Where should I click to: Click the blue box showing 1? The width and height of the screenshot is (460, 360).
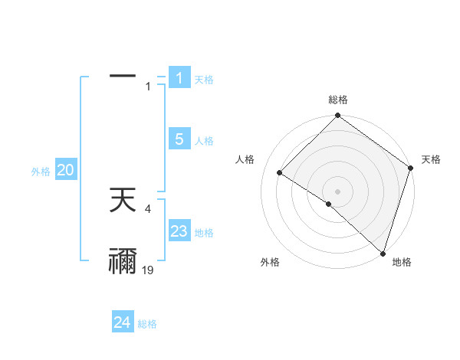pos(179,78)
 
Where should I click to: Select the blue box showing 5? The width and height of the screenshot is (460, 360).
pos(179,139)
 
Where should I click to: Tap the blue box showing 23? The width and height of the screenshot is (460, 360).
pos(179,231)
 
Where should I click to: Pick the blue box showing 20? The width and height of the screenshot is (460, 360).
pos(65,171)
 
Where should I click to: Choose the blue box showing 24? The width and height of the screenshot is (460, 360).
pos(122,322)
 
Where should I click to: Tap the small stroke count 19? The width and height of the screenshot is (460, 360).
pos(148,270)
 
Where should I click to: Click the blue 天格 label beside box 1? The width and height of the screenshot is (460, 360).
pos(204,80)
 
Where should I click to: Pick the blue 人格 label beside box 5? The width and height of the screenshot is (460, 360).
pos(204,141)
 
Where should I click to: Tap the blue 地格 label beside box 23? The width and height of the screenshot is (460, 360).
pos(204,233)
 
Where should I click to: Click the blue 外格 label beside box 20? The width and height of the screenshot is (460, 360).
pos(41,172)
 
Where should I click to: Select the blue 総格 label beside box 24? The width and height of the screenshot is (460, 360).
pos(147,324)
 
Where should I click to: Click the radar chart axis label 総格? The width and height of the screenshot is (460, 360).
pos(337,100)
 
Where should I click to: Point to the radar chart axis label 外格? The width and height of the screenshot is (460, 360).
pos(269,263)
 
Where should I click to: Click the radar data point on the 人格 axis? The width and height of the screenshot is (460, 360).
pos(280,173)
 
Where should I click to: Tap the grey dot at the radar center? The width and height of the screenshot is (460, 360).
pos(337,191)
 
